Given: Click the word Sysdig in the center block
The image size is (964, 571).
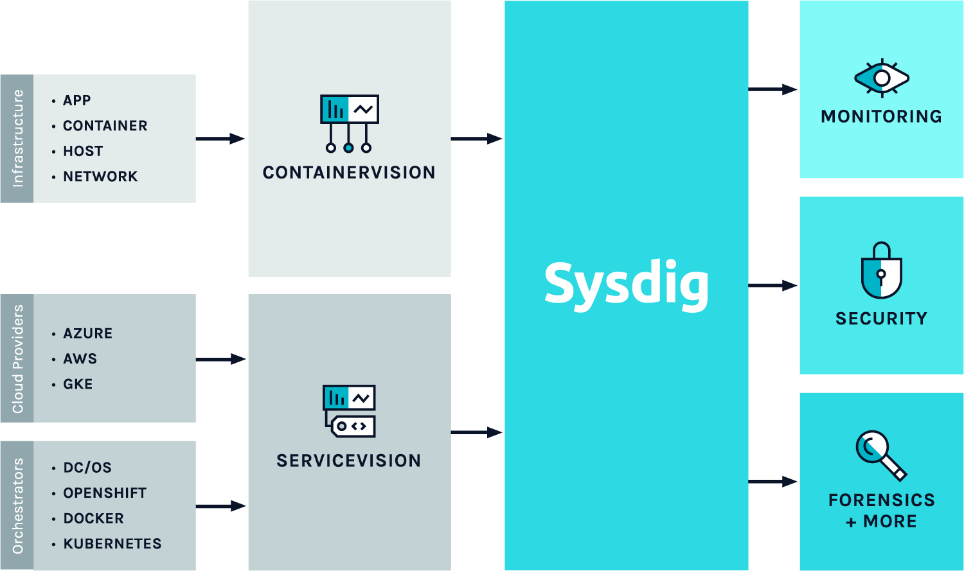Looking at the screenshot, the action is [626, 286].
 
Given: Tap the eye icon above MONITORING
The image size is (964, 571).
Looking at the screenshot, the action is [882, 78].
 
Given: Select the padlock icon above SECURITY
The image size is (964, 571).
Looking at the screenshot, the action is [881, 270].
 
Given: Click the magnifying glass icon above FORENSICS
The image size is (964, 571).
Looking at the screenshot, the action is [881, 456].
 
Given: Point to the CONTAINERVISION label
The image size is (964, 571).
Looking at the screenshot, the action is [349, 172].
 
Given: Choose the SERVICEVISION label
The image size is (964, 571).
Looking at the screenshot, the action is [348, 461].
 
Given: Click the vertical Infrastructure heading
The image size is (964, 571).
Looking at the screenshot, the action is [17, 139].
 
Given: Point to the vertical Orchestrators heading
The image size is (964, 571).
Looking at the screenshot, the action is [17, 505].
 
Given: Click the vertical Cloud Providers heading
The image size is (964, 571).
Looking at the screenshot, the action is [17, 358].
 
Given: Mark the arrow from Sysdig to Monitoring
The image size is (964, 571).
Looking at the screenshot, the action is [773, 89].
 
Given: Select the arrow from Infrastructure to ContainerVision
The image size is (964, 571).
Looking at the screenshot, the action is [220, 139].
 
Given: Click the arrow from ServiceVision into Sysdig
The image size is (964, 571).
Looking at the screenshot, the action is [477, 432].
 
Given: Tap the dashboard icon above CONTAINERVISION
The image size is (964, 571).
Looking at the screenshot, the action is [349, 123].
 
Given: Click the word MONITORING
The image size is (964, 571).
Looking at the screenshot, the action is [881, 116].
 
